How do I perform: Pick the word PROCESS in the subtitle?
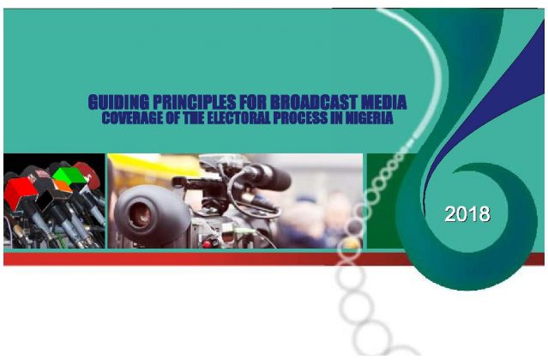(300, 118)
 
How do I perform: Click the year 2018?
(467, 214)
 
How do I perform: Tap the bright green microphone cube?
(69, 176)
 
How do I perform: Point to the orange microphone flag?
(63, 186)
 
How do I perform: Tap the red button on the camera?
(207, 243)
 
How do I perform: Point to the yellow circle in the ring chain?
(351, 244)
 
